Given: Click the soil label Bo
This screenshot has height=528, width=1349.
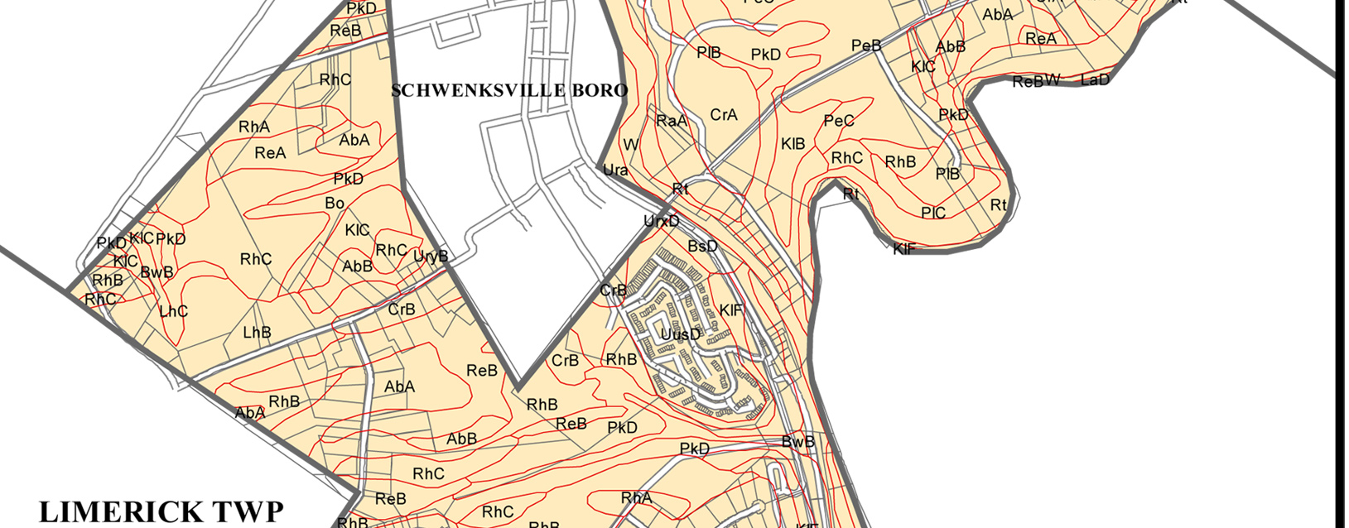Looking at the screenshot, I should pyautogui.click(x=335, y=203).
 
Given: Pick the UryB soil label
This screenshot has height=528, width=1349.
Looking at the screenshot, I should pyautogui.click(x=430, y=257).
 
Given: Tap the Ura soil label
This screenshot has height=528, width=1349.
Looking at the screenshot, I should pyautogui.click(x=615, y=170).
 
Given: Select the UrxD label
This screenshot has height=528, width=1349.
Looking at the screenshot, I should pyautogui.click(x=661, y=222).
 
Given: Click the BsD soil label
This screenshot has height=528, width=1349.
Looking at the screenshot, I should pyautogui.click(x=702, y=247).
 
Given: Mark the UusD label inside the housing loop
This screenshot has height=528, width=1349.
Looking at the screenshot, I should pyautogui.click(x=681, y=334).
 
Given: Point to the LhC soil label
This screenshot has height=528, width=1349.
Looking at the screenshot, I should pyautogui.click(x=173, y=311).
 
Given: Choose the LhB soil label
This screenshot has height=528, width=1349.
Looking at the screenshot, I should pyautogui.click(x=257, y=333).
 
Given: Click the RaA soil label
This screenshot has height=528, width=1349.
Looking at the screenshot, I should pyautogui.click(x=671, y=121).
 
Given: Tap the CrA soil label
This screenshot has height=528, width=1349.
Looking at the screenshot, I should pyautogui.click(x=724, y=115).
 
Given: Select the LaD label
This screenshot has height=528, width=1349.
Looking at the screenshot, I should pyautogui.click(x=1095, y=79).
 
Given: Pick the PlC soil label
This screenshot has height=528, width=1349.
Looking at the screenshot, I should pyautogui.click(x=933, y=213).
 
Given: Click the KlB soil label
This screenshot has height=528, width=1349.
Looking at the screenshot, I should pyautogui.click(x=793, y=144).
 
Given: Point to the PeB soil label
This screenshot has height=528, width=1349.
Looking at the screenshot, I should pyautogui.click(x=866, y=46).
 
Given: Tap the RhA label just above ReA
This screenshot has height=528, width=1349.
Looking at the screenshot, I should pyautogui.click(x=254, y=127).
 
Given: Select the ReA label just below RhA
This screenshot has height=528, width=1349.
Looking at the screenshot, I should pyautogui.click(x=270, y=153).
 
